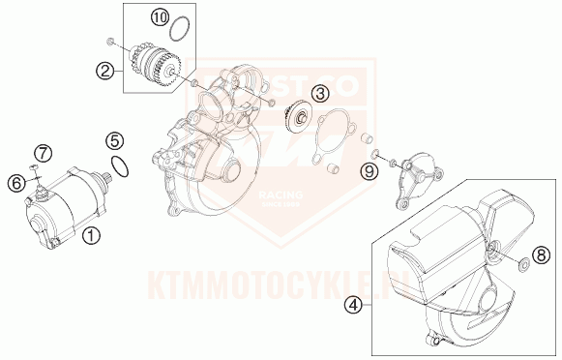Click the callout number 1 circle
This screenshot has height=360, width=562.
tap(90, 234)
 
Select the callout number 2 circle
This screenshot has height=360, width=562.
tap(105, 70)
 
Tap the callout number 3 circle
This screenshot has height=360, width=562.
tap(320, 94)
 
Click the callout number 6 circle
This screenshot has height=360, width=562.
tap(16, 182)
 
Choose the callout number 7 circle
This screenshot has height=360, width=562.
tap(43, 153)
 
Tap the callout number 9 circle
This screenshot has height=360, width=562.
tap(368, 172)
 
